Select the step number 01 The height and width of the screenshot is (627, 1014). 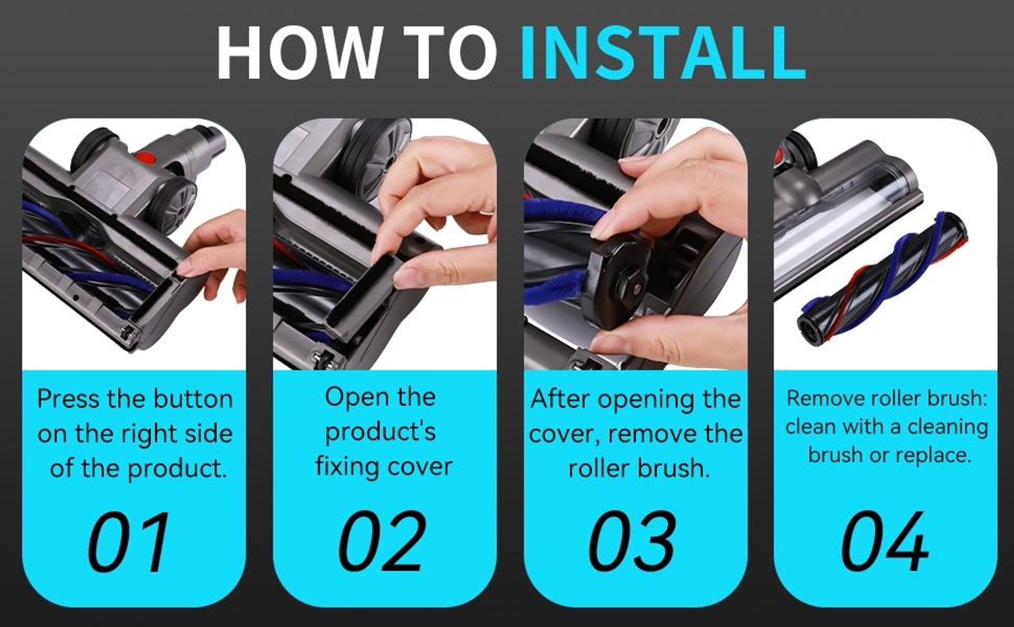pyautogui.click(x=129, y=542)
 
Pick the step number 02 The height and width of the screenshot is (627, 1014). pyautogui.click(x=381, y=542)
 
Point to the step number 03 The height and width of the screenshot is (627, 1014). pyautogui.click(x=632, y=542)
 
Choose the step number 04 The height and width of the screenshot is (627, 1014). pyautogui.click(x=885, y=542)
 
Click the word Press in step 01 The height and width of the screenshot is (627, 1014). pyautogui.click(x=68, y=399)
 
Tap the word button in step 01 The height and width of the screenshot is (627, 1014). pyautogui.click(x=193, y=399)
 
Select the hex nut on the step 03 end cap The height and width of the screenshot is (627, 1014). pyautogui.click(x=632, y=285)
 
